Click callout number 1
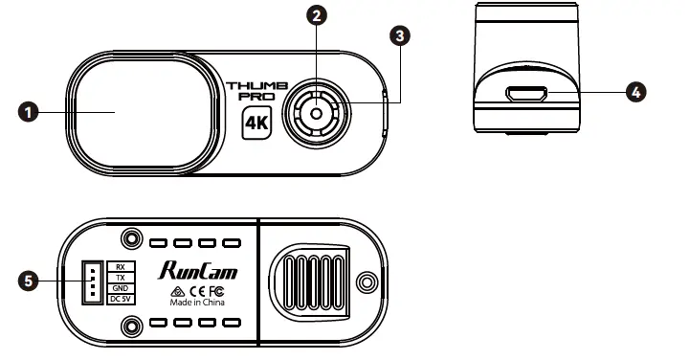29,112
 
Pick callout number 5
29,281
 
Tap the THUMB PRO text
255,93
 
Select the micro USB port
528,95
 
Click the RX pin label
120,265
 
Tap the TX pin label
120,277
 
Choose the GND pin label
120,288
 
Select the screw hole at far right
365,281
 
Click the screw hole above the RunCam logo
128,236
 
